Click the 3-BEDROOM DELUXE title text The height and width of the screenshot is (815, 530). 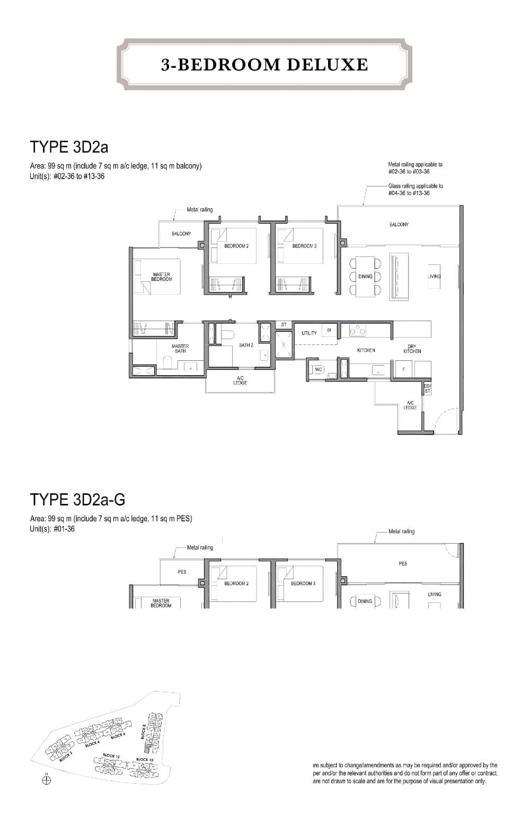click(264, 65)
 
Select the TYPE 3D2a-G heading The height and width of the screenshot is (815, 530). click(77, 499)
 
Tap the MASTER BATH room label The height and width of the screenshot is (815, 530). click(180, 348)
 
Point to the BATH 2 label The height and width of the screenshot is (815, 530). click(246, 346)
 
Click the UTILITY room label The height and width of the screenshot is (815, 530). click(309, 333)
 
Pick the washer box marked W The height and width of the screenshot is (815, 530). click(329, 330)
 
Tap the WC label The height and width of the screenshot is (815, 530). click(319, 369)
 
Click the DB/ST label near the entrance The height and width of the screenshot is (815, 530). click(428, 388)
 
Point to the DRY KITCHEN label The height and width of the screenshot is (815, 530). click(412, 349)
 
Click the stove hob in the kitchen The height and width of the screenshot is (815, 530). click(358, 330)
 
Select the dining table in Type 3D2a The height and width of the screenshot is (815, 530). click(365, 276)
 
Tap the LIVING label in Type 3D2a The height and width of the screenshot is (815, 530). click(434, 276)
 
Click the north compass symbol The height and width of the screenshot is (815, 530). click(47, 781)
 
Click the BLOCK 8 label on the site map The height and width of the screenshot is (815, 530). click(143, 732)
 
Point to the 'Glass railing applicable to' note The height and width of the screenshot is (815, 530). click(416, 186)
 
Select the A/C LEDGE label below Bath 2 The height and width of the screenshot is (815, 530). click(240, 380)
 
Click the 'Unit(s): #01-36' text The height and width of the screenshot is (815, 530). click(52, 528)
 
